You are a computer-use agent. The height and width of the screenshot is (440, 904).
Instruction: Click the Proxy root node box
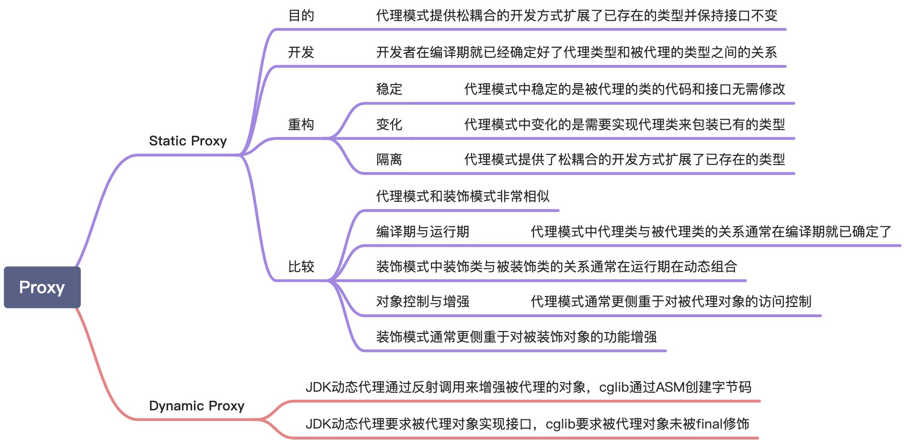42,287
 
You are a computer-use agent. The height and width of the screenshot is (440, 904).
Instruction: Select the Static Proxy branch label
188,141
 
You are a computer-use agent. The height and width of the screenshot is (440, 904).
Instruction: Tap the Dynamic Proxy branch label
196,406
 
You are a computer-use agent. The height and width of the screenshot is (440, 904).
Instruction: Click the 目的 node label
301,16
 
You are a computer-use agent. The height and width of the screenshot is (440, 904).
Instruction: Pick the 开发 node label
301,52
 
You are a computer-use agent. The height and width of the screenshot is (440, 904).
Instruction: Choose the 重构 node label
301,124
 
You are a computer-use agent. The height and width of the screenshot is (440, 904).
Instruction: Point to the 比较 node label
301,266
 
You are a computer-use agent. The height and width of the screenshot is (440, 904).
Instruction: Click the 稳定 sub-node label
389,89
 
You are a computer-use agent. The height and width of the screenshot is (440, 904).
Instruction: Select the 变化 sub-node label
389,124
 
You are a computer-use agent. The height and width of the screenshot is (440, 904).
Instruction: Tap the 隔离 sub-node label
389,159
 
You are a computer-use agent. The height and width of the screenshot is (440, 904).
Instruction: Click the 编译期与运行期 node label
422,232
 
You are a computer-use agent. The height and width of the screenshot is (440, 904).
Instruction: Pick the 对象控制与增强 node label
422,301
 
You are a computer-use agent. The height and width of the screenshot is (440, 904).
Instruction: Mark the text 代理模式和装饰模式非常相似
463,196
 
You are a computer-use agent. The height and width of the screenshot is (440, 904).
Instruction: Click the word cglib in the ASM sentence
614,387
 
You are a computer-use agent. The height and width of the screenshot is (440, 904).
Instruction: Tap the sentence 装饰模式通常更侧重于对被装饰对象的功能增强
516,337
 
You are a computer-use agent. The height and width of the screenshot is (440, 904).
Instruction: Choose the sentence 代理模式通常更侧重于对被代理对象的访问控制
671,301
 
